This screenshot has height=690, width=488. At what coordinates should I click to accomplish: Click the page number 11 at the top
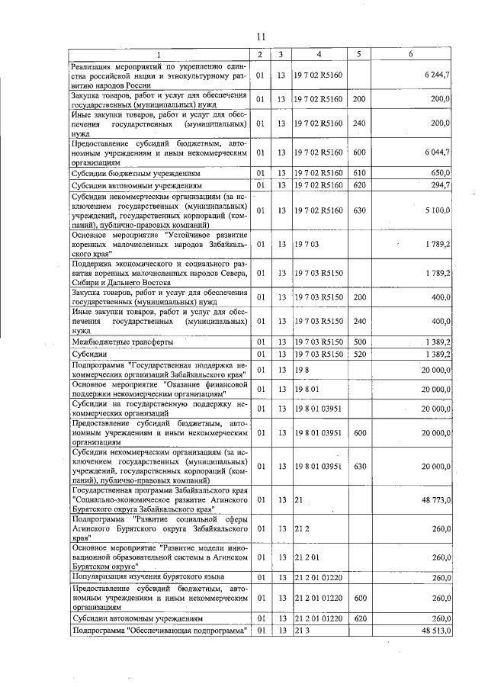coord(260,37)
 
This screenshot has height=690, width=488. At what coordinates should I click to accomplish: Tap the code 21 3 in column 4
coord(302,631)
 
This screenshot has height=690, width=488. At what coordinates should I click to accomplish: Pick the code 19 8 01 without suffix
coord(307,389)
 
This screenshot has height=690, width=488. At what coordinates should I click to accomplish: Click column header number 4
coord(319,55)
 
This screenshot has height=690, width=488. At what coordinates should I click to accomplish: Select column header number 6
coord(410,55)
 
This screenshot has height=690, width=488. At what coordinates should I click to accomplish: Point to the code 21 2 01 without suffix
coord(307,557)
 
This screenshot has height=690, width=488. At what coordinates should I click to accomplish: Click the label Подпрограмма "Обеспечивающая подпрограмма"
coord(161,631)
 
